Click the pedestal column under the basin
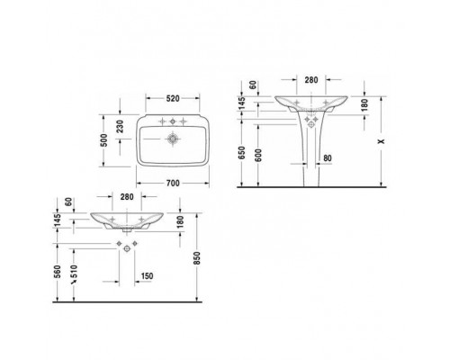tap(309, 157)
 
